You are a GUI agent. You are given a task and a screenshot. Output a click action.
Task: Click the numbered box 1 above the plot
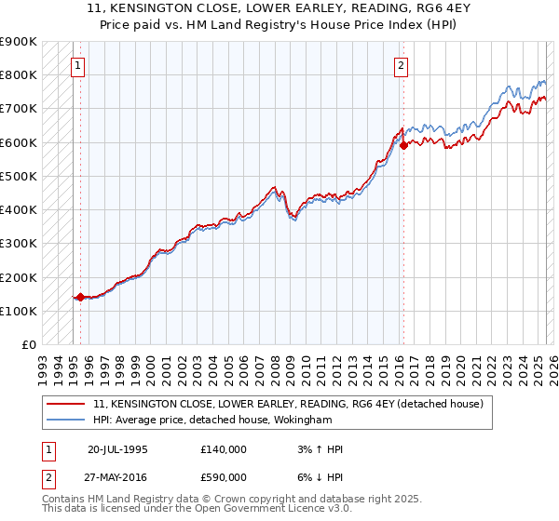[76, 65]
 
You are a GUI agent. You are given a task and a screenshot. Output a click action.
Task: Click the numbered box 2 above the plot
[400, 65]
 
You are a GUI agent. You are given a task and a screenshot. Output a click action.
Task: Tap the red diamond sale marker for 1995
[81, 298]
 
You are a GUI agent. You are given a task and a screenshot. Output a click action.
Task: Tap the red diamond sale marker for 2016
[403, 145]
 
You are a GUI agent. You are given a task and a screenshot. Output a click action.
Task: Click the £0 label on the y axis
[30, 345]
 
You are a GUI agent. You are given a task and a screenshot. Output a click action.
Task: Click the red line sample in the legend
[65, 405]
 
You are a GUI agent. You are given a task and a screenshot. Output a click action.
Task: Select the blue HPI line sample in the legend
[65, 420]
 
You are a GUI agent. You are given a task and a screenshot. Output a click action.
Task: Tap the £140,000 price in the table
[224, 449]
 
